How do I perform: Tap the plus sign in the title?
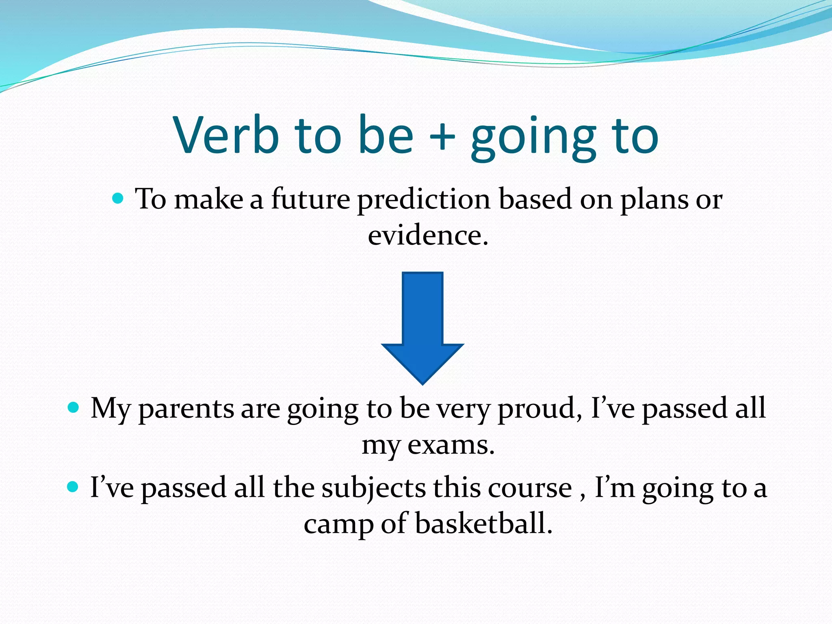click(x=442, y=136)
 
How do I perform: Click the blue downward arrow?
click(x=422, y=325)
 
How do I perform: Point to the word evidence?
click(x=427, y=236)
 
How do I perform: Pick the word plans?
click(x=654, y=200)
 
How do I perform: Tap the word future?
click(x=310, y=199)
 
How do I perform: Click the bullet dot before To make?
click(x=118, y=199)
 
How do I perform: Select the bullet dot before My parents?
click(x=74, y=407)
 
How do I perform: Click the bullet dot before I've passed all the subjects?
click(x=73, y=486)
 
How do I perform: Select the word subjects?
click(x=374, y=488)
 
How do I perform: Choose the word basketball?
click(x=483, y=524)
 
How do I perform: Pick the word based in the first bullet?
click(x=535, y=199)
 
